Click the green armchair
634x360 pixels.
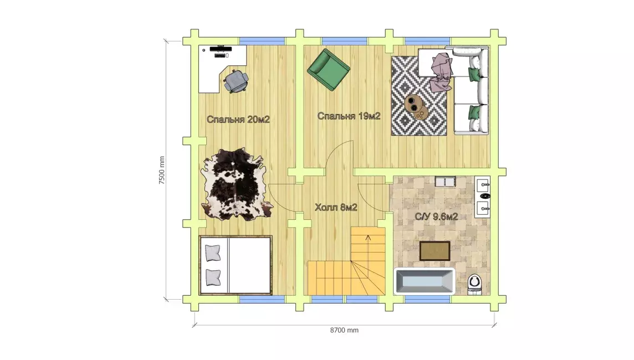328,69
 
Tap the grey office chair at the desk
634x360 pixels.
236,81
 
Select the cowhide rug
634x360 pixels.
237,184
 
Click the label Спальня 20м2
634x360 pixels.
238,120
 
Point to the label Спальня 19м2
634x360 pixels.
349,116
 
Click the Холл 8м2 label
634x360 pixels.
336,208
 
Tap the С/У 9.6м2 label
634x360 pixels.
436,217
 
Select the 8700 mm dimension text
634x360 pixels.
344,330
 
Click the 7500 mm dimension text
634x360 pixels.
162,171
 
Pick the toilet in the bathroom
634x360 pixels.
474,284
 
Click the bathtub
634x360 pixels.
425,281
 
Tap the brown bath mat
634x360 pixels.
434,251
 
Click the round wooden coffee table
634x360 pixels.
416,106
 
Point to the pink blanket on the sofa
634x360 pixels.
441,73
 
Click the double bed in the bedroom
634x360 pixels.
236,265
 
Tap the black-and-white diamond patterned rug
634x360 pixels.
419,96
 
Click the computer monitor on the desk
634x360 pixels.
221,49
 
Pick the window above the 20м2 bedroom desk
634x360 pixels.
262,41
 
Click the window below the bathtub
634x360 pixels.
427,300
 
